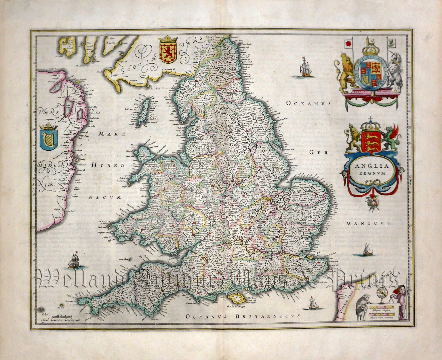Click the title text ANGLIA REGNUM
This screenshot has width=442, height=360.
click(x=371, y=169)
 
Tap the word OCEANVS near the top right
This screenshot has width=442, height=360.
click(x=309, y=103)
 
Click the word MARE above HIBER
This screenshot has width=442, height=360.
click(x=112, y=134)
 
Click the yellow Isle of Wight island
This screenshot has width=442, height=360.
click(x=236, y=299)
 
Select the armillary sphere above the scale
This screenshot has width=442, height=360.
click(x=384, y=294)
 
